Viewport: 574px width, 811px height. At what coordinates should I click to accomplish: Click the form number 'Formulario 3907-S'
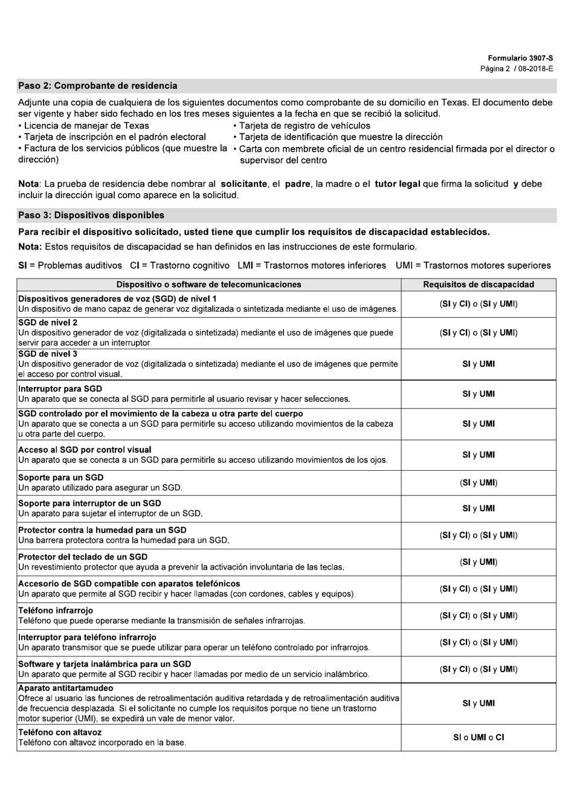[x=520, y=59]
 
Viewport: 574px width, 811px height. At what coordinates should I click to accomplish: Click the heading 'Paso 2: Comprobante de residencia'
[x=98, y=86]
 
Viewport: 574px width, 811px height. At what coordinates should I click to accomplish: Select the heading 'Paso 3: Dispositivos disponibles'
[x=91, y=215]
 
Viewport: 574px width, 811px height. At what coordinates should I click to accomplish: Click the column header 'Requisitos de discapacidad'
[x=479, y=285]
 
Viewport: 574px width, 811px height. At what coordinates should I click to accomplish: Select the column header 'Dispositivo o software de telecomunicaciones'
[x=208, y=285]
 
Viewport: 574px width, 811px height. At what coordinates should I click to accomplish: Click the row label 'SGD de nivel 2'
[x=48, y=323]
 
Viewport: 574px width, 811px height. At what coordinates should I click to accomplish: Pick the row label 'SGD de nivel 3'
[x=48, y=354]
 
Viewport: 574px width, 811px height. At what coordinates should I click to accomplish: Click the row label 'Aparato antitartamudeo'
[x=65, y=688]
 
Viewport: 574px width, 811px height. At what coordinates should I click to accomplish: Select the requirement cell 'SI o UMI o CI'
[x=479, y=737]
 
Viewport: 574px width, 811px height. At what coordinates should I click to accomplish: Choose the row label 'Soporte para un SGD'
[x=60, y=477]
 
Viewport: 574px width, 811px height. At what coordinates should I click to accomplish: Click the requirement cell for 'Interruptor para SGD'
[x=479, y=394]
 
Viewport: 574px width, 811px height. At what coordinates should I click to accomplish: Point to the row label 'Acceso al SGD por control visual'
[x=85, y=450]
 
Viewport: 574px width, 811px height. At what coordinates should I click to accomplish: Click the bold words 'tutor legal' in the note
[x=397, y=184]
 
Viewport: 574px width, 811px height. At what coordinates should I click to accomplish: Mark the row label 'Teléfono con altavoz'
[x=60, y=732]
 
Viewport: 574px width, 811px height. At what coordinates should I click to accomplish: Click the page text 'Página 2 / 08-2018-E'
[x=517, y=69]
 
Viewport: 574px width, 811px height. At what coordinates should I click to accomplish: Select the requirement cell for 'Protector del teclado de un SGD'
[x=479, y=562]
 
